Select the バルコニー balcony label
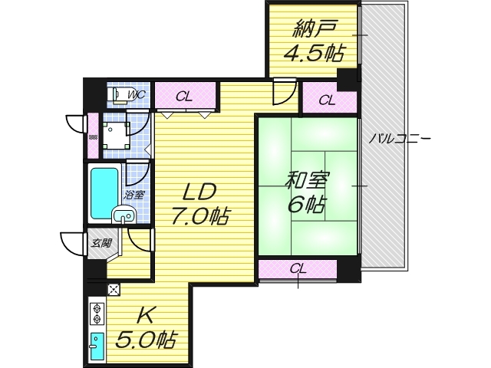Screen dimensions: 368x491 coord(399,138)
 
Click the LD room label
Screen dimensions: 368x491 coord(199,192)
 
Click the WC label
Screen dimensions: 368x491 coord(137,95)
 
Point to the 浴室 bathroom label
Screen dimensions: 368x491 coord(135,195)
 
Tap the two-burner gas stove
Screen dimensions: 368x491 coord(98,314)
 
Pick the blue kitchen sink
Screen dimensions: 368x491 coord(97,345)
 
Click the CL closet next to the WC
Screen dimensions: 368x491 coord(183,97)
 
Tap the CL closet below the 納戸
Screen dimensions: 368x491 coord(326,99)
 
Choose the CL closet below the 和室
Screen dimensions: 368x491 coord(298,269)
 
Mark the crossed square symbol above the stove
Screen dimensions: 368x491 coord(114,289)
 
